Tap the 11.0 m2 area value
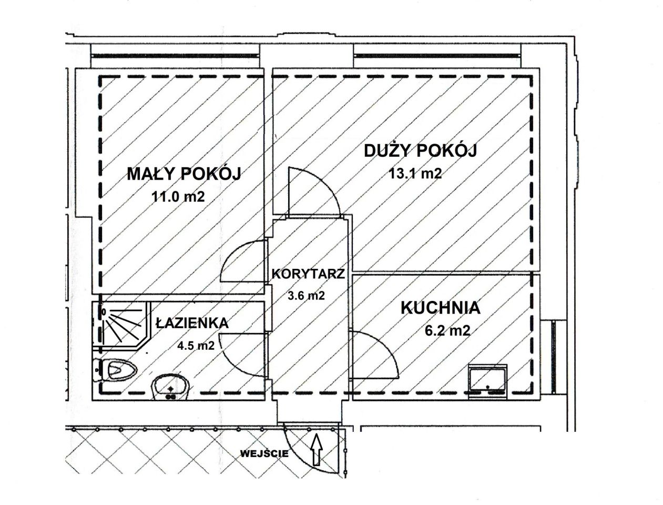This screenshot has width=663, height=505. click(x=178, y=197)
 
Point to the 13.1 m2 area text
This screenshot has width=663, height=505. click(x=415, y=174)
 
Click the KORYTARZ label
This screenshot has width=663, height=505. click(x=309, y=274)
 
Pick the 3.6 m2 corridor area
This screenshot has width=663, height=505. click(x=307, y=295)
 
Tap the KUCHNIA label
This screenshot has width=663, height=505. click(x=441, y=308)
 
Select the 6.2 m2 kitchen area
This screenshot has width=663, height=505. click(x=447, y=331)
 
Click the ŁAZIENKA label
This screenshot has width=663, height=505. click(x=192, y=324)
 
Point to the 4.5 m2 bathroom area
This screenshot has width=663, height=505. click(x=196, y=345)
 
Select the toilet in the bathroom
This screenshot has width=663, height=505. click(x=115, y=369)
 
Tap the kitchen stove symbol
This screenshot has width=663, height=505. click(x=487, y=382)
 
